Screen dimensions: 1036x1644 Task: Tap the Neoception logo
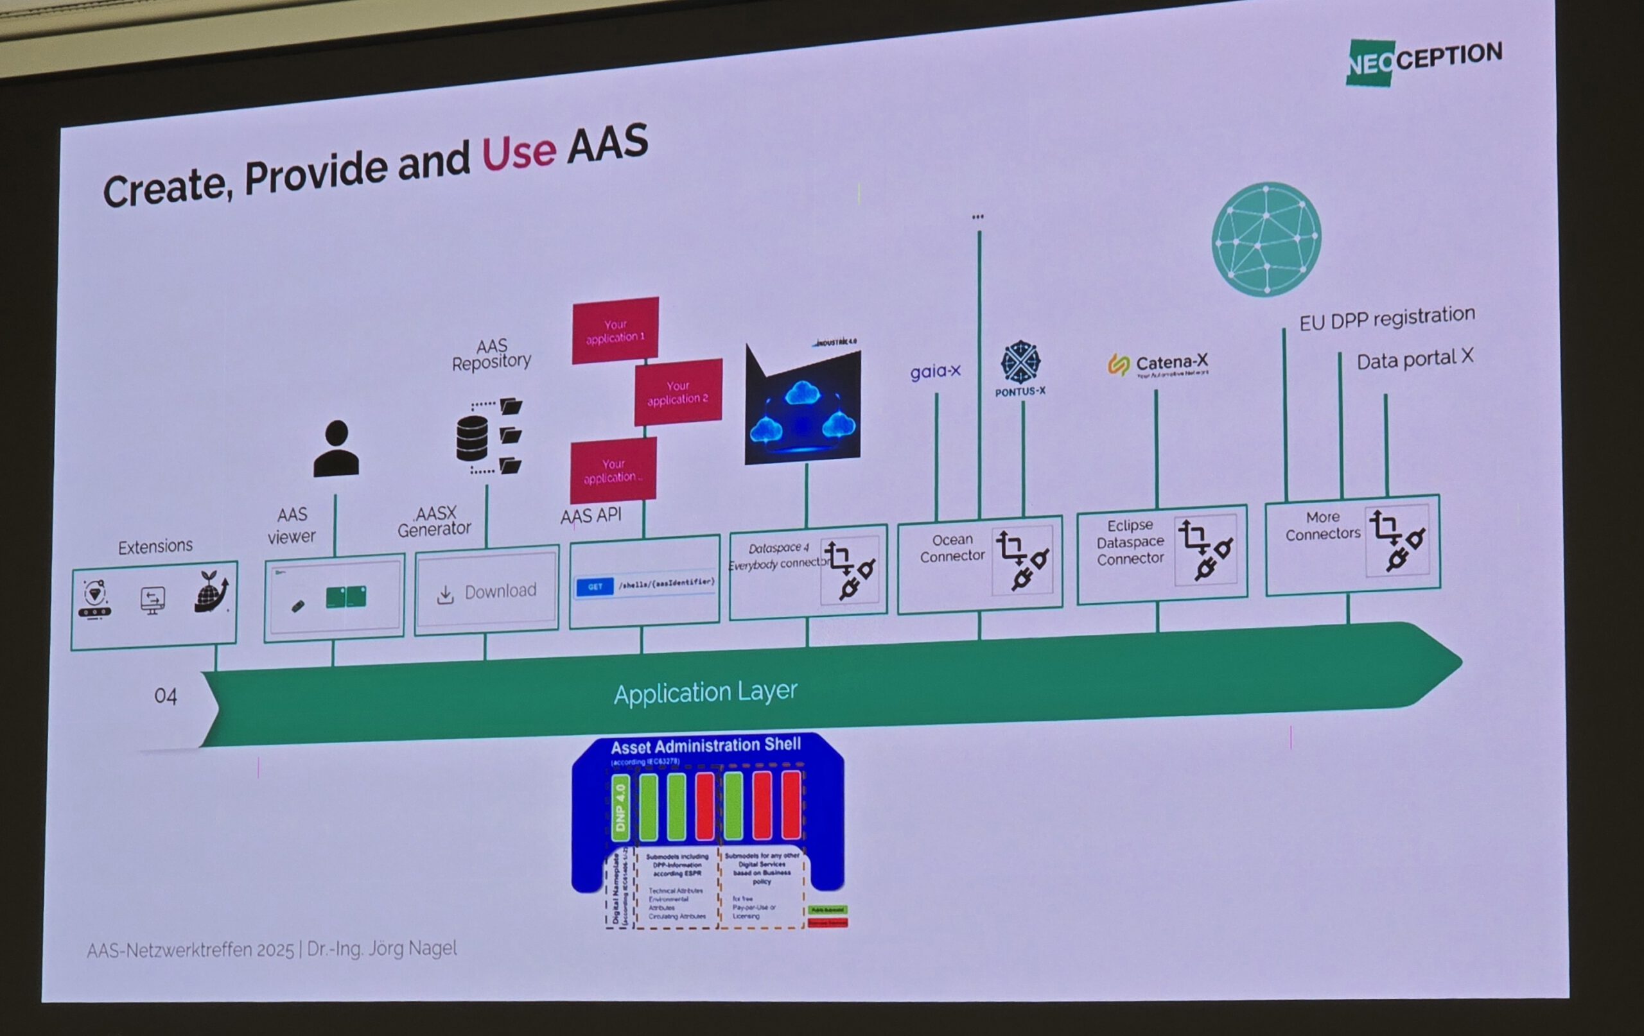pyautogui.click(x=1424, y=62)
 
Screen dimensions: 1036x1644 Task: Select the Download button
pyautogui.click(x=487, y=592)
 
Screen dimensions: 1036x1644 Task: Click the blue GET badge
pyautogui.click(x=594, y=587)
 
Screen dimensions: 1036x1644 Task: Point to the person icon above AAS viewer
pyautogui.click(x=337, y=449)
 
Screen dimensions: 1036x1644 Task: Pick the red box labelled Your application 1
pyautogui.click(x=615, y=331)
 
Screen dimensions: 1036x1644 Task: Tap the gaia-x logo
pyautogui.click(x=934, y=372)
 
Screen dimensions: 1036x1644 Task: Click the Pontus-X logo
pyautogui.click(x=1020, y=368)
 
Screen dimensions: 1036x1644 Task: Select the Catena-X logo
pyautogui.click(x=1158, y=365)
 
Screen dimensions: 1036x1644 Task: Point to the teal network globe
pyautogui.click(x=1266, y=239)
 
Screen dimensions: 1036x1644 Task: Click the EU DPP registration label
pyautogui.click(x=1386, y=318)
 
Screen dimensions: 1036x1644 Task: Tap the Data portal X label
pyautogui.click(x=1414, y=359)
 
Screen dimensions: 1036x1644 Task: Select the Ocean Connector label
pyautogui.click(x=952, y=548)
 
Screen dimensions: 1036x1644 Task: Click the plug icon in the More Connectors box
pyautogui.click(x=1397, y=540)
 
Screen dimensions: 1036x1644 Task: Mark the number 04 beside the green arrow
pyautogui.click(x=165, y=696)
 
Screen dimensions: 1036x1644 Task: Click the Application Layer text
pyautogui.click(x=705, y=692)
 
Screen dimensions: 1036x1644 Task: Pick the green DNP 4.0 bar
pyautogui.click(x=620, y=808)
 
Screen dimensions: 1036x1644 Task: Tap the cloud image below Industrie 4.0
pyautogui.click(x=802, y=410)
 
